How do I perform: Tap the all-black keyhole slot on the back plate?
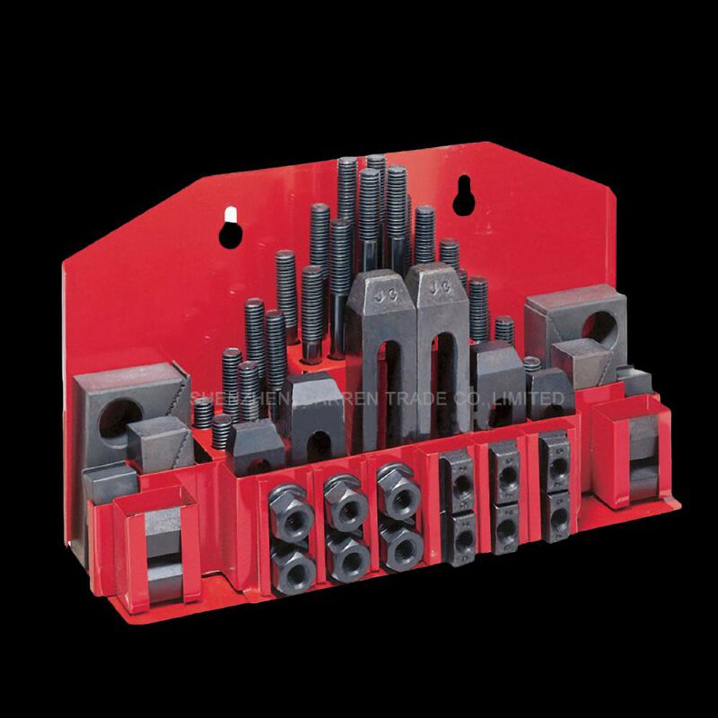click(463, 197)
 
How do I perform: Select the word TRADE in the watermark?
click(416, 398)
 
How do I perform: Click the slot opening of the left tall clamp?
click(388, 377)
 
